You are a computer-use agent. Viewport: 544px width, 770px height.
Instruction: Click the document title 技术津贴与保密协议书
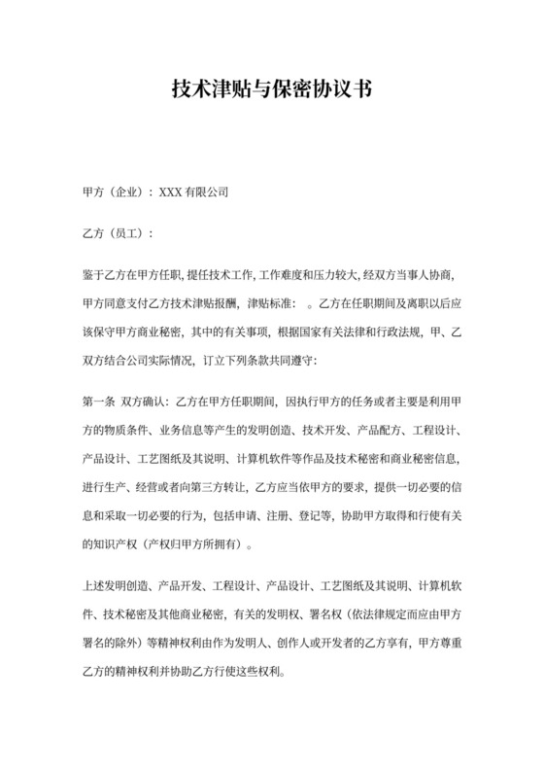272,90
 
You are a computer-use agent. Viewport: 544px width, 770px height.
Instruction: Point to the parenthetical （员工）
121,234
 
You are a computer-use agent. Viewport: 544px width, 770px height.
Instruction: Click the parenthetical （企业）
121,193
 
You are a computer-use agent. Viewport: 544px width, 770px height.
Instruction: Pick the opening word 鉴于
85,275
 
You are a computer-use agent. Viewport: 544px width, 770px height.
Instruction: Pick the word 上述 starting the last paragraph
85,589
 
